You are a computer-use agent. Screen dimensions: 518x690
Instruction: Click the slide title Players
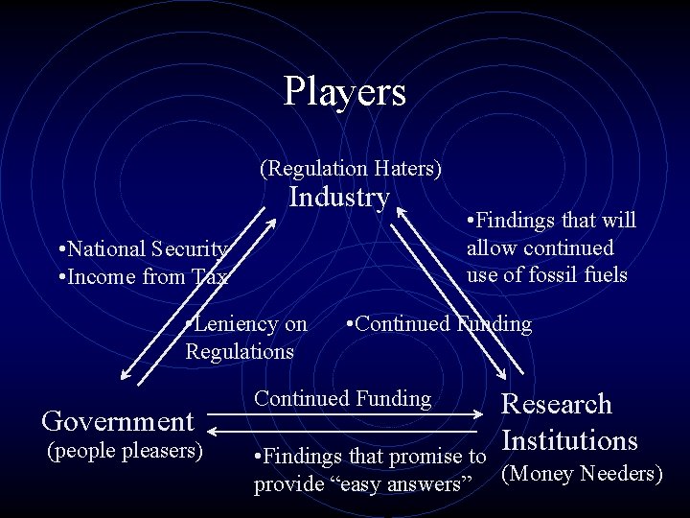click(345, 92)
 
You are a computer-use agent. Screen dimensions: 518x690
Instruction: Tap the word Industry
click(339, 198)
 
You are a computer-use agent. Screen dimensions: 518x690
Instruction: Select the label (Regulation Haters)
click(351, 169)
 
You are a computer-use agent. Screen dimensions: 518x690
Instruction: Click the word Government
click(118, 421)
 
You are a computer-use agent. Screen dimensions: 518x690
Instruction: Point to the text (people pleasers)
click(124, 450)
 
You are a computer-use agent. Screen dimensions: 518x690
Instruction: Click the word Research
click(557, 404)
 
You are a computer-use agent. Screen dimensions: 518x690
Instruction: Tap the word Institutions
click(569, 440)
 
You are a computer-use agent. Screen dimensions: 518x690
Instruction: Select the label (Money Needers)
click(583, 474)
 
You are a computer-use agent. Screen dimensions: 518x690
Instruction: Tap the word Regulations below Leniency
click(240, 351)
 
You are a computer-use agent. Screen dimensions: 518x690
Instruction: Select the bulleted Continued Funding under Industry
click(442, 324)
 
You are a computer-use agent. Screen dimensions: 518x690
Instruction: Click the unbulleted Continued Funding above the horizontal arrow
click(342, 398)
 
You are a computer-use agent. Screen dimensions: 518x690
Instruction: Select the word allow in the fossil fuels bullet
click(491, 247)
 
